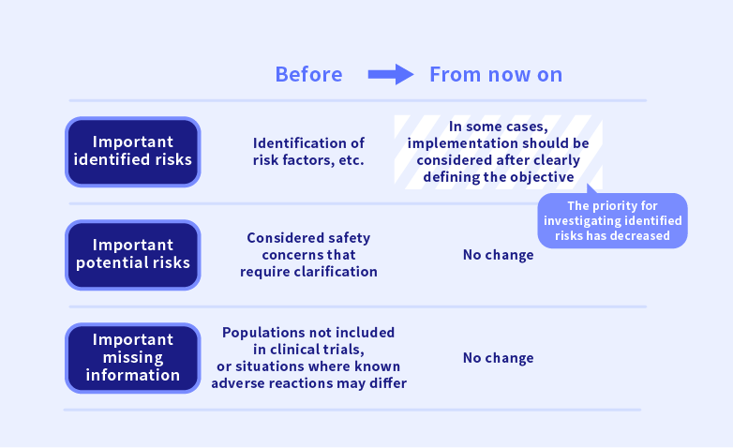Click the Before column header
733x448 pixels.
308,74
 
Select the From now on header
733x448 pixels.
496,74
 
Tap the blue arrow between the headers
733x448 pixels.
391,74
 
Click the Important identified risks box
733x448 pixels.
133,152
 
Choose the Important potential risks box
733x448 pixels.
133,255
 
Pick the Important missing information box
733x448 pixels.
133,358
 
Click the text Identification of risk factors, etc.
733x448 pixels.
308,152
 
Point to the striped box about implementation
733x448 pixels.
499,152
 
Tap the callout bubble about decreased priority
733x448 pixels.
612,220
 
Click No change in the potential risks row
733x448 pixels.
499,255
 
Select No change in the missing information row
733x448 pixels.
499,358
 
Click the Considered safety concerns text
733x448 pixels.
308,254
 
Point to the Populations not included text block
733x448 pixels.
308,358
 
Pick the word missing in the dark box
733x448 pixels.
133,358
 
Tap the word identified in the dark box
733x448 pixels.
108,159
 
